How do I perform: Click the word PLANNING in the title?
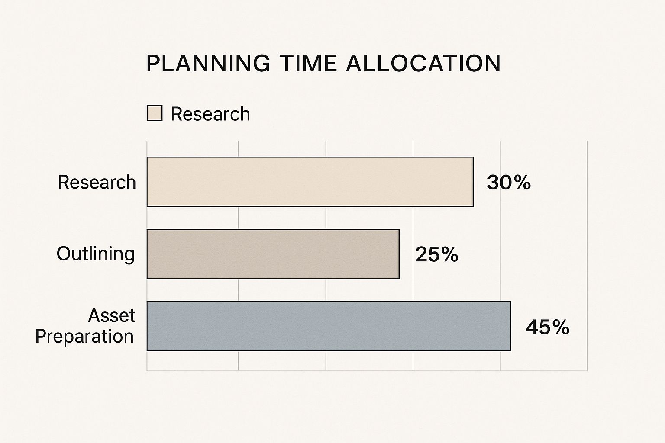(208, 64)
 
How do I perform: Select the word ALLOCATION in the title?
(423, 64)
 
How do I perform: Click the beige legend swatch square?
(155, 113)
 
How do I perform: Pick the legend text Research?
(210, 114)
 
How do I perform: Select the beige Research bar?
(310, 182)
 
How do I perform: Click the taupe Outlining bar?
(273, 254)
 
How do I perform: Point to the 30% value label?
(509, 183)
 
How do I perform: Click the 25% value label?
(436, 254)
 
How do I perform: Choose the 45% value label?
(547, 327)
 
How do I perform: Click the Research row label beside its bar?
(97, 182)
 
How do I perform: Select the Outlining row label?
(96, 254)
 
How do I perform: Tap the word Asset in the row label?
(112, 316)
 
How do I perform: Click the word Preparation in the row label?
(84, 337)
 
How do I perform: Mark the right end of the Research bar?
(473, 182)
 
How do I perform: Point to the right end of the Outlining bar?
(398, 254)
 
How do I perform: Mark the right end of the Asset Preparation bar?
(510, 326)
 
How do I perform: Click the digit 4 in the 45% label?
(532, 327)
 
